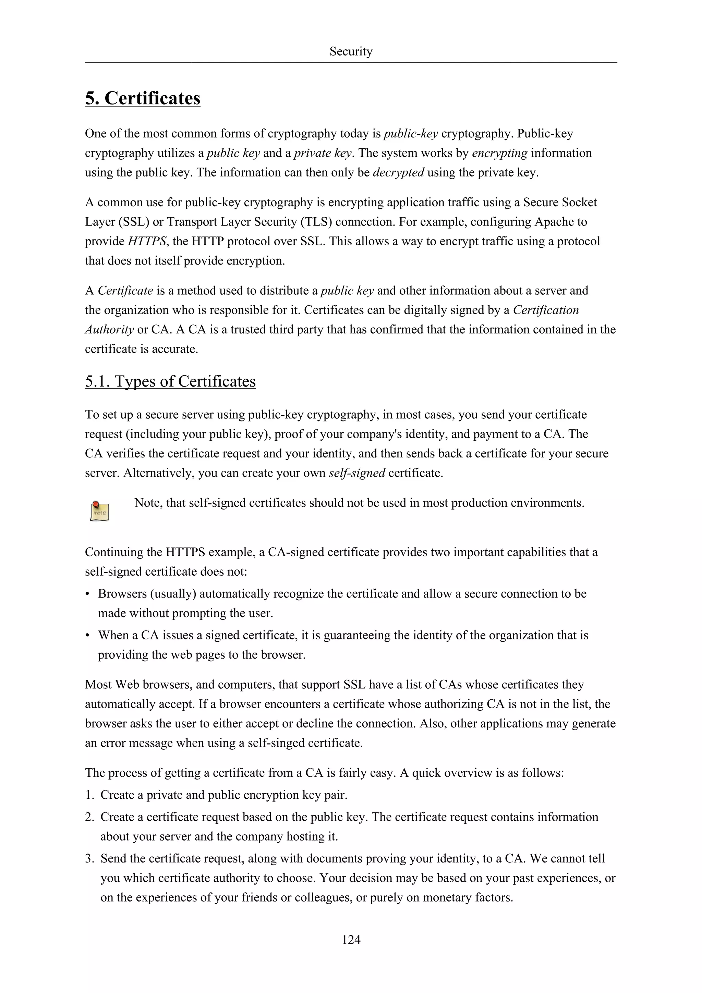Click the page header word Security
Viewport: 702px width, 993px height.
350,51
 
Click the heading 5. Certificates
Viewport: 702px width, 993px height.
142,98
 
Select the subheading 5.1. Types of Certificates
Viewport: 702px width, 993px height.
170,381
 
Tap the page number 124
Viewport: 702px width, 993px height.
351,939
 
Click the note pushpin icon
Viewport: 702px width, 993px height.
99,511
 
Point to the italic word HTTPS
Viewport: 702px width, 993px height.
147,241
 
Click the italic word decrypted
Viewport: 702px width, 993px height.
398,173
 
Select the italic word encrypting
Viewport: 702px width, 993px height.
499,153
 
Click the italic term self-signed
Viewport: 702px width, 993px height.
357,473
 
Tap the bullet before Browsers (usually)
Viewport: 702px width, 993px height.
87,594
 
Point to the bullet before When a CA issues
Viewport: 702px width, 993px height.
87,636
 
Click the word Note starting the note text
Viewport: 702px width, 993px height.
147,503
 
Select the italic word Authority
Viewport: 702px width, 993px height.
109,330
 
